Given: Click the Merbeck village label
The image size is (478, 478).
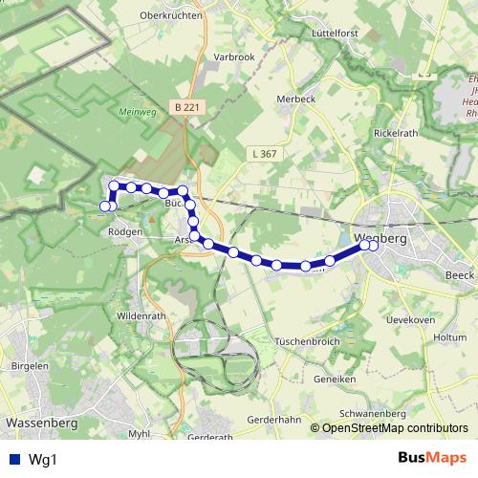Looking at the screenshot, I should click(x=296, y=99).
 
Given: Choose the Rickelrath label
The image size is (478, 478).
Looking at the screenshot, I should click(x=396, y=133).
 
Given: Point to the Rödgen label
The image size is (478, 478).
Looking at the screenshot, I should click(x=125, y=231).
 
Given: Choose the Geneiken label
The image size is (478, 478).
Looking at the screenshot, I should click(x=335, y=379).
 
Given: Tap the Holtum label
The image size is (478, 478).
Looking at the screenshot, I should click(x=449, y=337).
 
